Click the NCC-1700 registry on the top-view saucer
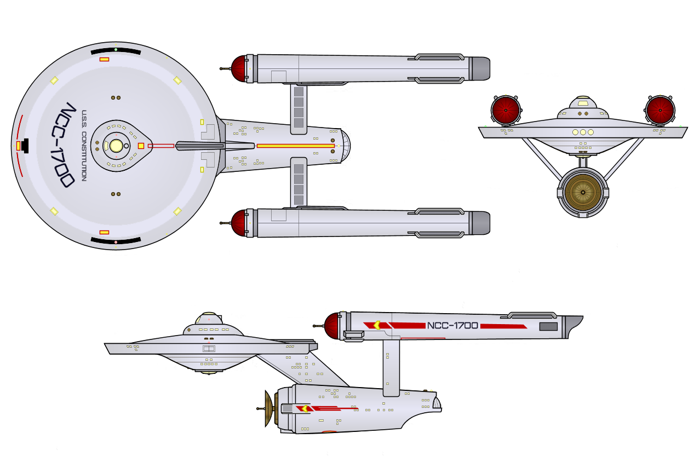tap(64, 145)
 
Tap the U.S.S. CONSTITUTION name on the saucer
tap(84, 146)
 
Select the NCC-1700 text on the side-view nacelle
tap(452, 326)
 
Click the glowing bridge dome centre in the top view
tap(116, 146)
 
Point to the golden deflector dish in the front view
tap(582, 192)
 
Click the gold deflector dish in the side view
tap(269, 408)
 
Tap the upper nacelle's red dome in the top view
tap(239, 69)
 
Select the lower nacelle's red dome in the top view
tap(239, 223)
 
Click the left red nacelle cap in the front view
tap(506, 110)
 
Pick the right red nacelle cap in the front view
tap(660, 110)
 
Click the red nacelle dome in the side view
tap(332, 326)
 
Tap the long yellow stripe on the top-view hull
tap(295, 146)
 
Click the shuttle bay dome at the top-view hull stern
tap(345, 146)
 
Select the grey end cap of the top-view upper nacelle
tap(479, 69)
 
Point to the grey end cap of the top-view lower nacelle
tap(479, 223)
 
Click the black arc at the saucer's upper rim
tap(116, 50)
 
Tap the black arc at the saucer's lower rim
tap(116, 241)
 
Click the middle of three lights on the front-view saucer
tap(583, 132)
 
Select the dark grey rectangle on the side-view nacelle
tap(548, 326)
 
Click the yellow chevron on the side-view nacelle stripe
tap(376, 325)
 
